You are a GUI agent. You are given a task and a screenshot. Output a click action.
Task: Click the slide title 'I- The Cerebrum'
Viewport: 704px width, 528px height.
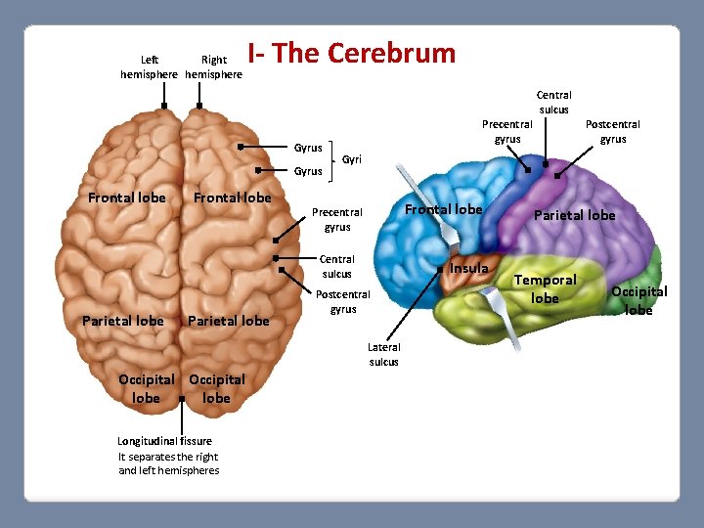[x=351, y=53]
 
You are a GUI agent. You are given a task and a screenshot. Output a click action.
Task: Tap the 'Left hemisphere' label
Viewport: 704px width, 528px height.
[x=149, y=66]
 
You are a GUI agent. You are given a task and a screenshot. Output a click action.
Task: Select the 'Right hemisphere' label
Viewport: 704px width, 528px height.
[x=213, y=66]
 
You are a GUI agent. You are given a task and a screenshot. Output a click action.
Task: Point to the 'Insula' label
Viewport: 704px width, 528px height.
[x=469, y=269]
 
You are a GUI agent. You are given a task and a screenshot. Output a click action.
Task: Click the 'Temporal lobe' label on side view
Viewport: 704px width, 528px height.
[x=546, y=288]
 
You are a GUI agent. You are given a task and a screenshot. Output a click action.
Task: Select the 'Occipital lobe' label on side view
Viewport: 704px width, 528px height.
[x=638, y=300]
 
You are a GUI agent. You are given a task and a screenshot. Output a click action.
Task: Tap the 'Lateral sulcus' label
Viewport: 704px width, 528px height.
[x=384, y=354]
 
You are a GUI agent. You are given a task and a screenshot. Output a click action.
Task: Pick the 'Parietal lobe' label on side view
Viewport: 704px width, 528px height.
[x=575, y=215]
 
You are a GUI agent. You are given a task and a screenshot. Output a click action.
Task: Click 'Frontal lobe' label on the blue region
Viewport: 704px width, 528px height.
[x=444, y=209]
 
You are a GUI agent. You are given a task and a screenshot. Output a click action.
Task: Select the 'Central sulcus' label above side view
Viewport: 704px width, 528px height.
[x=553, y=102]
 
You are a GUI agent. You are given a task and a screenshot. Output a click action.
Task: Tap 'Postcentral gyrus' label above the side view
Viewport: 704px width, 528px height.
[x=612, y=131]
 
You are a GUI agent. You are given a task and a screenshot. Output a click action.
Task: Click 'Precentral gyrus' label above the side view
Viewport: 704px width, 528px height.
[x=506, y=131]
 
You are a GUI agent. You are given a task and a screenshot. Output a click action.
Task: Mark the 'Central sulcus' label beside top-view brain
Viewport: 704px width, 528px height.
[x=337, y=266]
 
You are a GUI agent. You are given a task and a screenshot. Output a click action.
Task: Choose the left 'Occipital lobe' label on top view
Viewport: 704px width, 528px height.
[x=146, y=388]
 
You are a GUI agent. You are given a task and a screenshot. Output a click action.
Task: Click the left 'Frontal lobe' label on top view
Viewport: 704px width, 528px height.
[x=127, y=198]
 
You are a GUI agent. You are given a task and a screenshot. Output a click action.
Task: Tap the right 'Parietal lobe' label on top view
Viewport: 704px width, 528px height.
[x=228, y=321]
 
